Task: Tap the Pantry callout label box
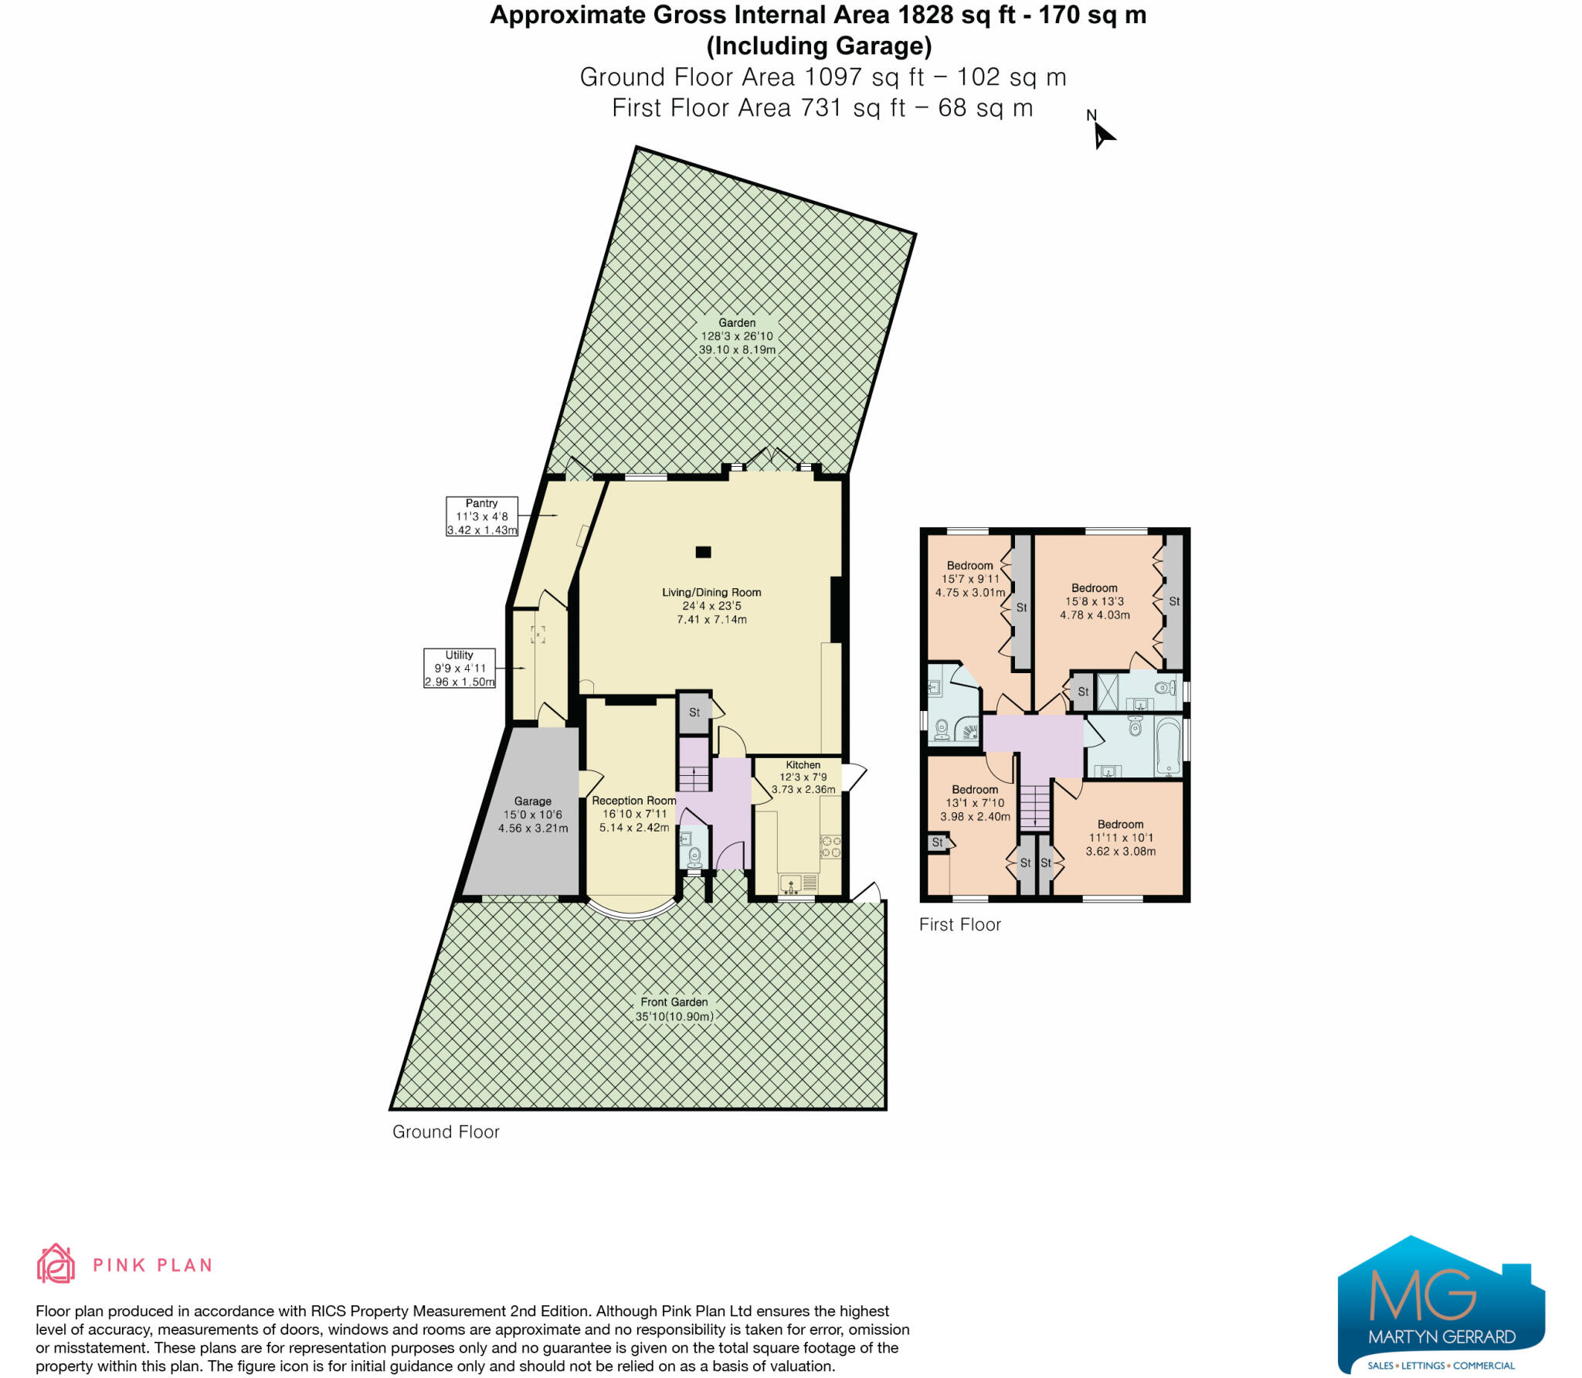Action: (x=481, y=516)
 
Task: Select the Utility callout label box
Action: (x=459, y=668)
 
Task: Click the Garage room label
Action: (x=533, y=815)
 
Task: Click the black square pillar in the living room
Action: (x=703, y=552)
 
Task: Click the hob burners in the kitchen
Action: (x=830, y=846)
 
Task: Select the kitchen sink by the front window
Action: (x=791, y=883)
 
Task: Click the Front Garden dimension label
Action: (x=674, y=1009)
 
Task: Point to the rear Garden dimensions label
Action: (x=737, y=336)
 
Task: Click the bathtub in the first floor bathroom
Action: (x=1168, y=747)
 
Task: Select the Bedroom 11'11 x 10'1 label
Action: (x=1120, y=838)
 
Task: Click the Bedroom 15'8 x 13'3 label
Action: (x=1095, y=601)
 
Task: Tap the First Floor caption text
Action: (x=959, y=924)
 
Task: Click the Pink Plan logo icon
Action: (x=56, y=1264)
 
